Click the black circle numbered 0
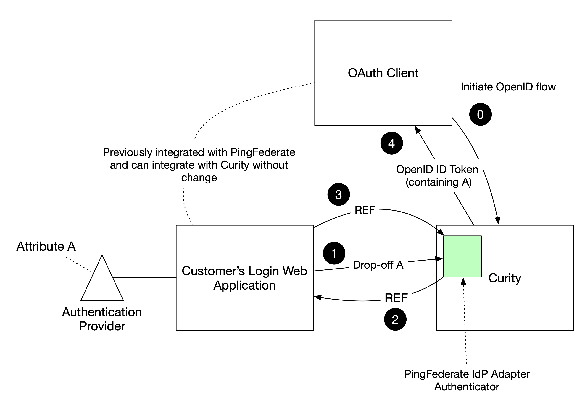(x=480, y=115)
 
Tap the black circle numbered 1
(x=334, y=253)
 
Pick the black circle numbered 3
(x=339, y=194)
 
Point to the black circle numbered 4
(x=391, y=143)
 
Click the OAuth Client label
(x=383, y=73)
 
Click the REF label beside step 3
(x=365, y=210)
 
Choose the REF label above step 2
(x=396, y=298)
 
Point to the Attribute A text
(x=46, y=246)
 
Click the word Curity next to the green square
(x=505, y=278)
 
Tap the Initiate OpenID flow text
(x=508, y=87)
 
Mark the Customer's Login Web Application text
(x=244, y=278)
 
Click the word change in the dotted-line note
(x=199, y=178)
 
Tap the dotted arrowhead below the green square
(x=464, y=282)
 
